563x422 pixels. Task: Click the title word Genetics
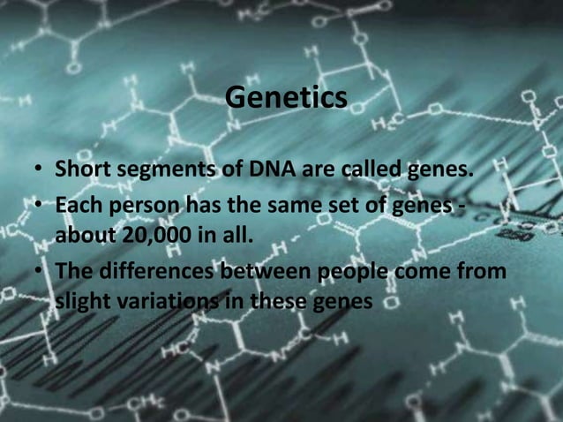[286, 97]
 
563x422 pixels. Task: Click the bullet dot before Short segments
[41, 169]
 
